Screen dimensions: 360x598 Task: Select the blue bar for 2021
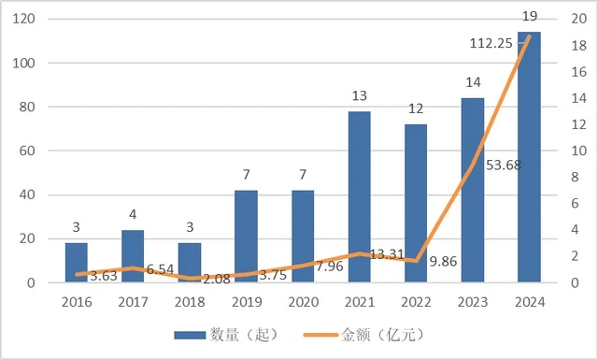(x=360, y=196)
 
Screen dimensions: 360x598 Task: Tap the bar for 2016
(x=77, y=262)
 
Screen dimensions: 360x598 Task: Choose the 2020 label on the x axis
(x=303, y=302)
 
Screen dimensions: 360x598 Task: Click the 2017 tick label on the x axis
(x=133, y=302)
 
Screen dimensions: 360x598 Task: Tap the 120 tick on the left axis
(x=25, y=20)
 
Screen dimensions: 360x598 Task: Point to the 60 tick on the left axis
(x=29, y=151)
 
